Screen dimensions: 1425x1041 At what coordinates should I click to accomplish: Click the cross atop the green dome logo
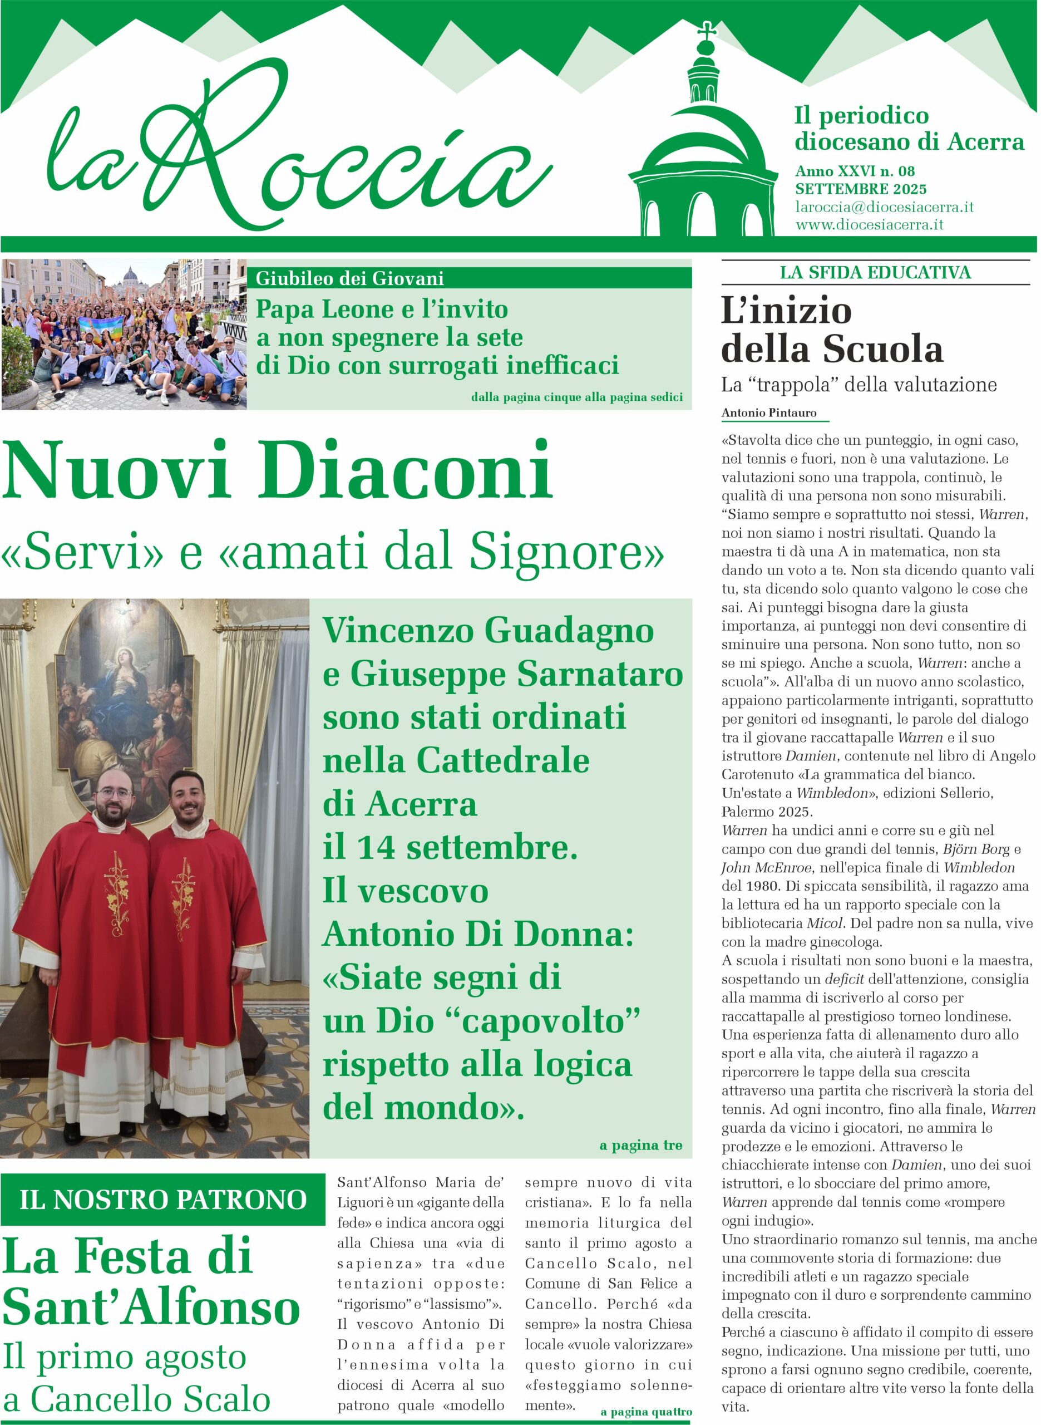coord(707,30)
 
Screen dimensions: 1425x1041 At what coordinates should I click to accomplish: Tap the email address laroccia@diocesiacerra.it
coord(884,207)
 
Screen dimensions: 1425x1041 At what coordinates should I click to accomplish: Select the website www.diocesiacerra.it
coord(869,224)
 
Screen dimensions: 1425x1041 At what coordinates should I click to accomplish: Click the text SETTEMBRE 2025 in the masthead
coord(860,189)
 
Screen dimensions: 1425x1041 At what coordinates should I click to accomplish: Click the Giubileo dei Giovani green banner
coord(472,278)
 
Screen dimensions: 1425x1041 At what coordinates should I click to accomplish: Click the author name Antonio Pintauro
coord(769,413)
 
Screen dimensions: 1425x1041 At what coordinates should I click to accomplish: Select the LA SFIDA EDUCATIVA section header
coord(875,272)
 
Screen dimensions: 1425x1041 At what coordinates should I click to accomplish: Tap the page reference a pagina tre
coord(640,1144)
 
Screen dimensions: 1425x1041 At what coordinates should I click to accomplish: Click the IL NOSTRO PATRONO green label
coord(162,1200)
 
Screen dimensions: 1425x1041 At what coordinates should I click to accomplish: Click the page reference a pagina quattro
coord(645,1412)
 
